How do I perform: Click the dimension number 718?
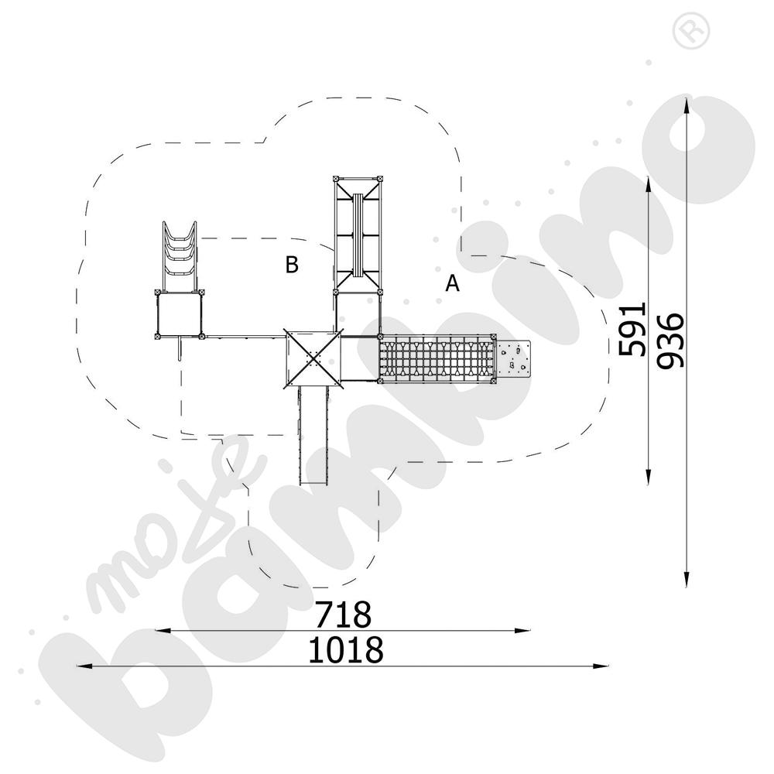[343, 615]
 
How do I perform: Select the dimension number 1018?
[345, 650]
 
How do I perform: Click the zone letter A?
[452, 284]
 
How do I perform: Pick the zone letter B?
[291, 265]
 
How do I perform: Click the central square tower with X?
[313, 357]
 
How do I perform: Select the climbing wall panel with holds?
[513, 358]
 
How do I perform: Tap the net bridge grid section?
[437, 358]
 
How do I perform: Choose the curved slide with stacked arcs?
[180, 253]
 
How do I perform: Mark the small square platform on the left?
[180, 313]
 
